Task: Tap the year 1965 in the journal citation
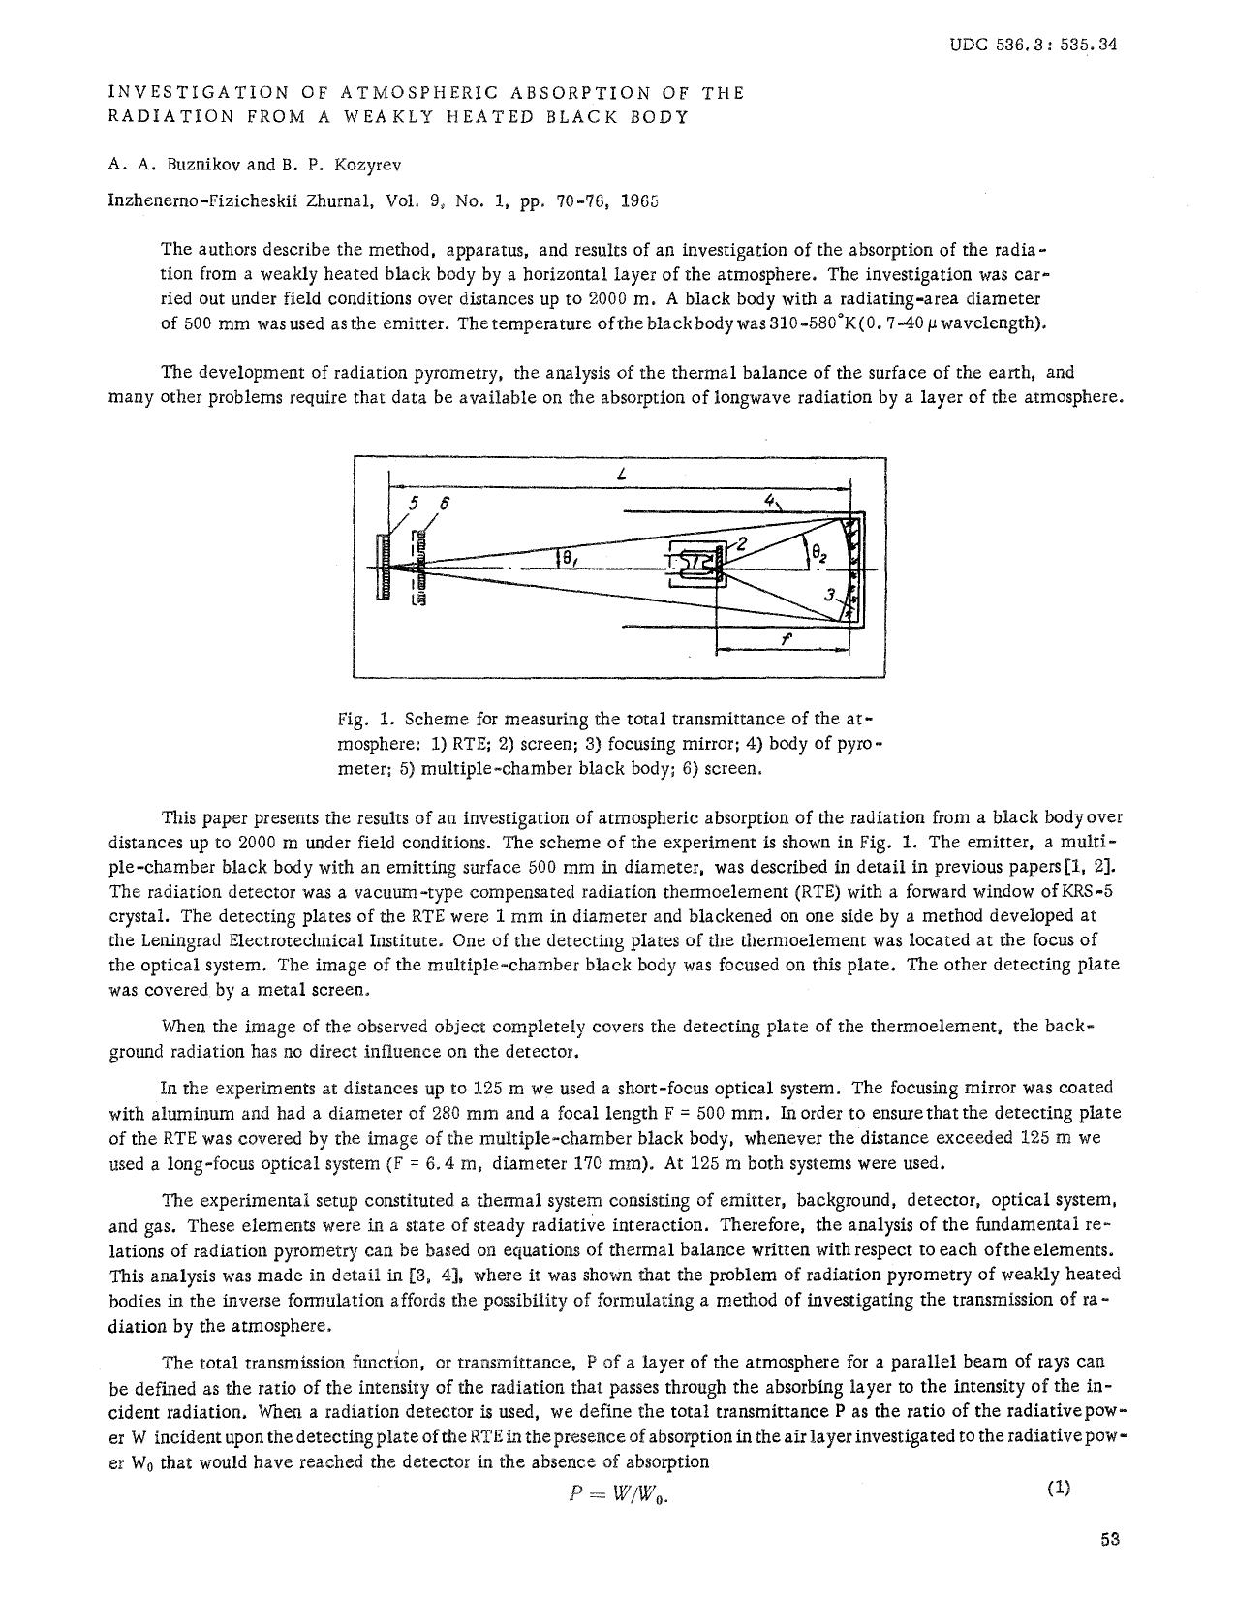[x=639, y=201]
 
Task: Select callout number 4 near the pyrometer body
[x=770, y=501]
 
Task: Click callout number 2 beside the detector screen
[x=742, y=544]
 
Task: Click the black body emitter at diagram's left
[x=384, y=568]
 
